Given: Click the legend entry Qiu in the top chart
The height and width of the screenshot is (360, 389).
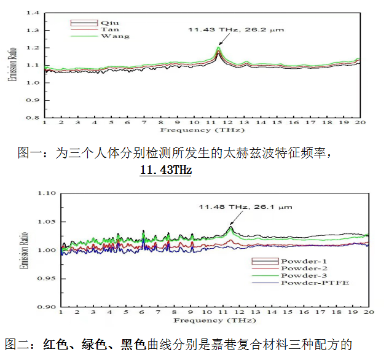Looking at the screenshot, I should (108, 23).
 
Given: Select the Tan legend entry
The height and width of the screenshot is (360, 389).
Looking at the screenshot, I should (108, 29).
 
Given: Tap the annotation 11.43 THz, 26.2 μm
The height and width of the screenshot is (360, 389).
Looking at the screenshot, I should (237, 29).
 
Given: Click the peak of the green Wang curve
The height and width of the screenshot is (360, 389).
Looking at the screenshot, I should (218, 48).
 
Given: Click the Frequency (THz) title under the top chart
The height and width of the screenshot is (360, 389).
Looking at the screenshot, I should (203, 130).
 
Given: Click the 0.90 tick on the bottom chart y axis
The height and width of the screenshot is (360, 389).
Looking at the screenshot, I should (47, 307).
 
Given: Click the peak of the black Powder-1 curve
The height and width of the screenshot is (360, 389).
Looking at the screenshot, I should (230, 228).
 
